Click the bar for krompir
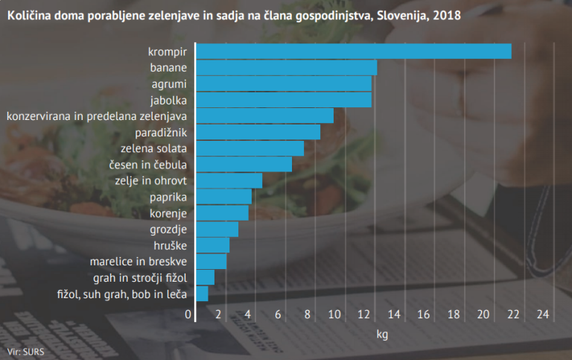pos(353,51)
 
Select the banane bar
pos(286,68)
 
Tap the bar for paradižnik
pos(258,132)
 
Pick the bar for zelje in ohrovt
pos(229,180)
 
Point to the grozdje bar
pos(217,230)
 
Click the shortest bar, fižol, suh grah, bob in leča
pos(202,294)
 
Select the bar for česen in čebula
pos(244,164)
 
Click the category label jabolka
pos(168,100)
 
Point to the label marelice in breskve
pos(138,262)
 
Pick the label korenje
pos(168,213)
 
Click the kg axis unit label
pos(382,335)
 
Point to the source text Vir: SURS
pos(25,351)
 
